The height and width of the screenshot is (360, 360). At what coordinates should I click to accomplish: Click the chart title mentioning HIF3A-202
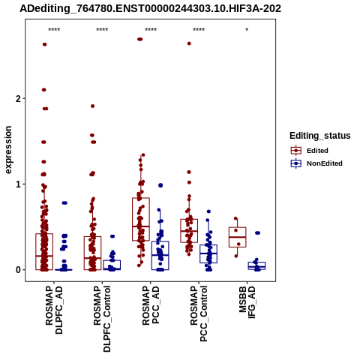coord(150,8)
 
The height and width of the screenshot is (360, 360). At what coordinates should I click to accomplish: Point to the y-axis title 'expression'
coord(8,150)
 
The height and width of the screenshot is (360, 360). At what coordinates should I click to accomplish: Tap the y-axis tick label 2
coord(18,99)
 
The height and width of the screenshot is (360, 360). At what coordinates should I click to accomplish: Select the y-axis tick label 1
coord(18,184)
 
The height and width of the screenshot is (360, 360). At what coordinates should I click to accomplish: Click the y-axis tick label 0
coord(18,270)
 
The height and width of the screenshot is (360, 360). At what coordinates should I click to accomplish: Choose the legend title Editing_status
coord(319,136)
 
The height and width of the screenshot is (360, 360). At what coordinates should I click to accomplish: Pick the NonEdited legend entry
coord(316,163)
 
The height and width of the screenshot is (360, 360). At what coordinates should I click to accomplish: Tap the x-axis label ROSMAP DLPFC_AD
coord(54,310)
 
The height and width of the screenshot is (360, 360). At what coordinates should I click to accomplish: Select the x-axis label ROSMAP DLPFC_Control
coord(102,319)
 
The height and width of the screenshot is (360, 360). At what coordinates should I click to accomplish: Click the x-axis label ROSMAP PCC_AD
coord(151,305)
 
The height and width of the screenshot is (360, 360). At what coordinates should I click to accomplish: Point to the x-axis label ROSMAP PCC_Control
coord(199,313)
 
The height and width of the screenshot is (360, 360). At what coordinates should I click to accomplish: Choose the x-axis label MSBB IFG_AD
coord(247,302)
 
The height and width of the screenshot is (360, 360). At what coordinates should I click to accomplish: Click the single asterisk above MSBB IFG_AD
coord(247,30)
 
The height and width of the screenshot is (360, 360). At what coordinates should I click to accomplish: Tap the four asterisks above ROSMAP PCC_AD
coord(151,30)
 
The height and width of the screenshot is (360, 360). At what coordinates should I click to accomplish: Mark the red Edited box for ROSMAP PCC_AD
coord(141,219)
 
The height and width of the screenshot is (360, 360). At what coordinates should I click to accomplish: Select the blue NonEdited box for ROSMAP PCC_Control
coord(208,253)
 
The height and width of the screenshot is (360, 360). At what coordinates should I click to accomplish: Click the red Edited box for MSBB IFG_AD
coord(238,237)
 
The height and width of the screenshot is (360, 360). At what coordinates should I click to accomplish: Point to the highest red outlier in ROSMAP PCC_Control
coord(189,43)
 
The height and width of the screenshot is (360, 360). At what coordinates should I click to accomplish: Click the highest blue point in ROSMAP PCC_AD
coord(160,185)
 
